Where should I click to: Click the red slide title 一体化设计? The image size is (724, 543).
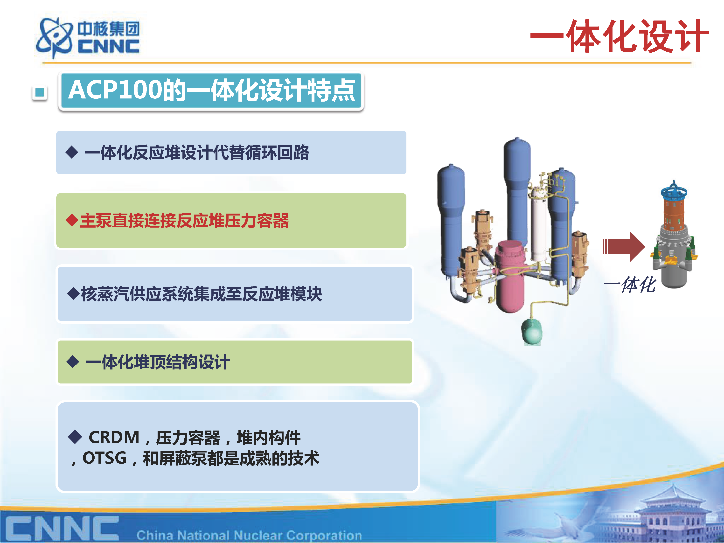[x=619, y=36]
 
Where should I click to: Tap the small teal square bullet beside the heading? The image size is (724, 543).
[x=40, y=93]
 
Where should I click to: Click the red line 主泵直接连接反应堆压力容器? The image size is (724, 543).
[x=184, y=220]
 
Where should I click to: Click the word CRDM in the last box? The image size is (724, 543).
[x=114, y=437]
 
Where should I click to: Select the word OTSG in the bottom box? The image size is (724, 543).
[x=104, y=458]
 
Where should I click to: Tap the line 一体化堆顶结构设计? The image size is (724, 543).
[x=158, y=362]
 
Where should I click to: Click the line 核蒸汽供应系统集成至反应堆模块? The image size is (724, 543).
[x=201, y=294]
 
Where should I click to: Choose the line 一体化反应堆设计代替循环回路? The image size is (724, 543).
[x=197, y=153]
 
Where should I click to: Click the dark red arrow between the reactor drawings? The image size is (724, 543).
[x=624, y=246]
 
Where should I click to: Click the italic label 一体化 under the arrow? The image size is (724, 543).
[x=630, y=285]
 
